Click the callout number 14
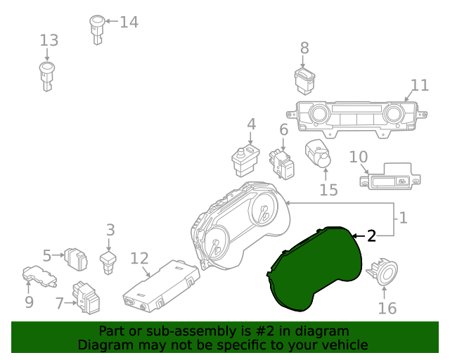coord(129,22)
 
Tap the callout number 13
coord(49,40)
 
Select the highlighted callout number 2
coord(371,236)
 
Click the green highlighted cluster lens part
coord(314,268)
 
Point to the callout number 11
coord(420,85)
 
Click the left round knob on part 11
coord(318,113)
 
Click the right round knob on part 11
coord(394,113)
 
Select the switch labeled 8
coord(304,81)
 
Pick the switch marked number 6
coord(282,164)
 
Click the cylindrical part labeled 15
coord(318,153)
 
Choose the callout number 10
coord(359,157)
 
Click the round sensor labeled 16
coord(382,273)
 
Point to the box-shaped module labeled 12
coord(161,286)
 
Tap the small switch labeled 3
coord(108,263)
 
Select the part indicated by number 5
coord(76,259)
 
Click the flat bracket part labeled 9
coord(39,276)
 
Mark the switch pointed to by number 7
coord(86,297)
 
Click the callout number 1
coord(403,218)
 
